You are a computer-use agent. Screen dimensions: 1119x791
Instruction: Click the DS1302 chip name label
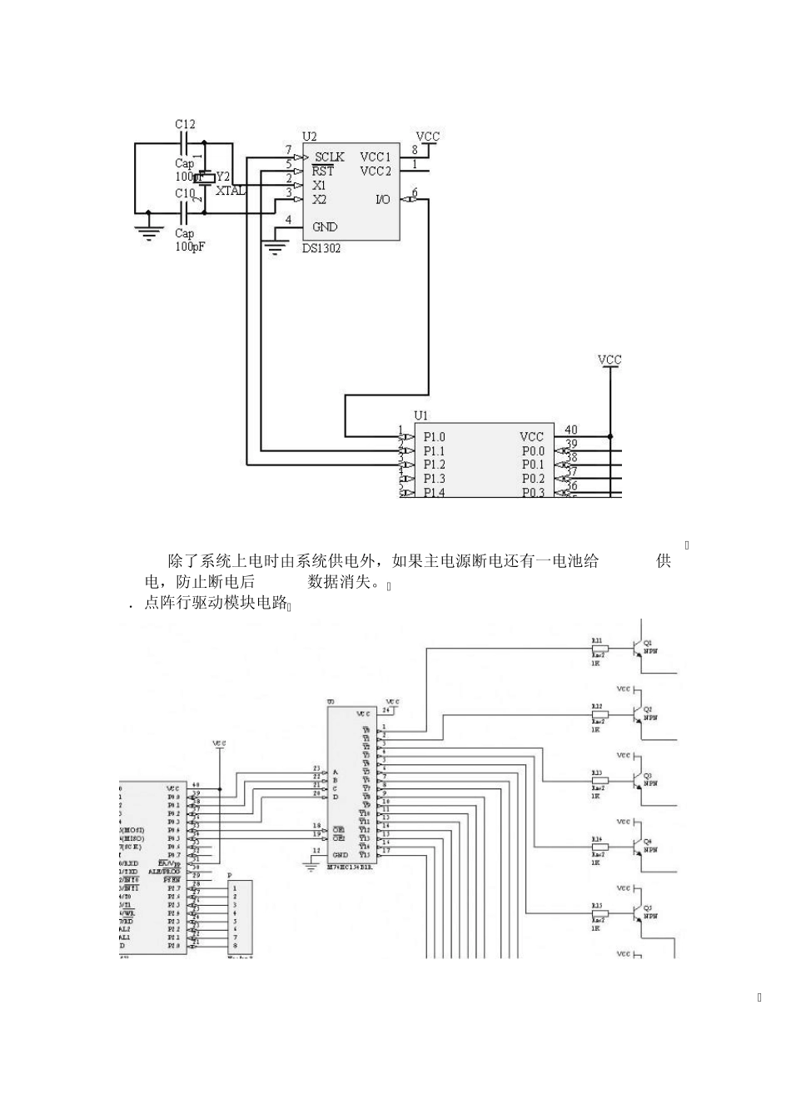tap(321, 248)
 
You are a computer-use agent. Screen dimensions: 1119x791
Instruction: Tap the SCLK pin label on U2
tap(329, 157)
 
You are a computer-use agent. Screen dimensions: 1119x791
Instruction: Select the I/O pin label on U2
tap(383, 200)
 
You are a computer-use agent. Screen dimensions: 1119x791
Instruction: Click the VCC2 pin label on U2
tap(376, 172)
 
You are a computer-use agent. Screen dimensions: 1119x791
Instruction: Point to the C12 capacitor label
tap(185, 124)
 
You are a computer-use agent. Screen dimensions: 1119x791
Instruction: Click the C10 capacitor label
tap(185, 193)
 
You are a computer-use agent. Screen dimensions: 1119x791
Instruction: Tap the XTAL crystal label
tap(231, 191)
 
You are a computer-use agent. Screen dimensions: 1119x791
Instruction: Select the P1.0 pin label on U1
tap(434, 436)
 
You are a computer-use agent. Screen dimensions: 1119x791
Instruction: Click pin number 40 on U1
tap(571, 430)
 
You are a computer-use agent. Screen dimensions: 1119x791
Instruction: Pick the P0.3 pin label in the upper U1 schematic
tap(533, 493)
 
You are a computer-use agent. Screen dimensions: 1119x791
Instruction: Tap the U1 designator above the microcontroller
tap(421, 415)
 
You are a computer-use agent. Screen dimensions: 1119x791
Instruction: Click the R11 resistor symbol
tap(599, 648)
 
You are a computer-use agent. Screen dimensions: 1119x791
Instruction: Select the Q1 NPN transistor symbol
tap(638, 647)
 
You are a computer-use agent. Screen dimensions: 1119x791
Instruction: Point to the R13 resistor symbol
tap(599, 780)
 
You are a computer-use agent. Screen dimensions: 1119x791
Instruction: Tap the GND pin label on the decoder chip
tap(340, 855)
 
